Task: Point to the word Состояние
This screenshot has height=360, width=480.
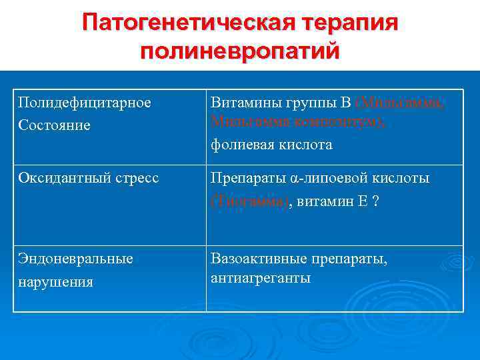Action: pyautogui.click(x=54, y=125)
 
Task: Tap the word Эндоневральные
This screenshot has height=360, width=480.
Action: pyautogui.click(x=75, y=259)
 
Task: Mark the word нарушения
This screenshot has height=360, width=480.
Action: pyautogui.click(x=55, y=281)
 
